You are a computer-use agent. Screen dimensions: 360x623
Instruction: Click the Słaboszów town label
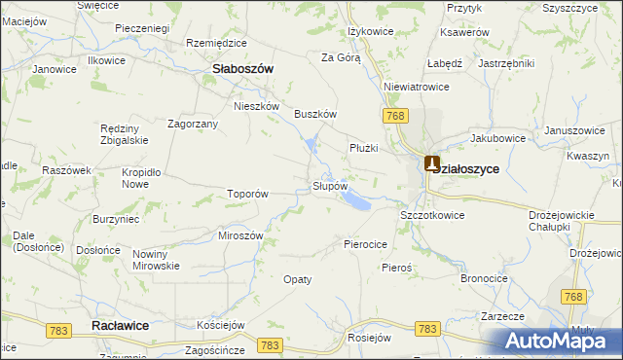pos(242,69)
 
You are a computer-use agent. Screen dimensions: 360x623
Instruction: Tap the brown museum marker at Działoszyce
pos(432,164)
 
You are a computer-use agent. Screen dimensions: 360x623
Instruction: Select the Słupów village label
pos(329,185)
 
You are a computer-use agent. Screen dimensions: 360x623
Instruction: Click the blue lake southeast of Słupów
pos(354,201)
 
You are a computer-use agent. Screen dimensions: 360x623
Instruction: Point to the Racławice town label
pos(119,326)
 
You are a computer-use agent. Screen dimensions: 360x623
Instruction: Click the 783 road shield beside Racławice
pos(58,332)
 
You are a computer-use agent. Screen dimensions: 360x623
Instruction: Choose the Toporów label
pos(247,194)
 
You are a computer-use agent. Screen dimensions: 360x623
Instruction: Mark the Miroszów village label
pos(241,236)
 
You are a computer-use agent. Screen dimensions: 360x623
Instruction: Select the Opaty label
pos(297,279)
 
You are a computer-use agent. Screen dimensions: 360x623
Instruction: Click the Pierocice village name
pos(366,244)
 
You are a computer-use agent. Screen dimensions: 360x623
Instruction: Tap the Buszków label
pos(315,114)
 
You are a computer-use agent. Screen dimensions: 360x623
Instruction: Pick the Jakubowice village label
pos(499,138)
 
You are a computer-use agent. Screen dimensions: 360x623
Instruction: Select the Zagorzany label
pos(192,125)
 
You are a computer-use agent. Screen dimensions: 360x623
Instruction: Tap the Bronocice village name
pos(485,278)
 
